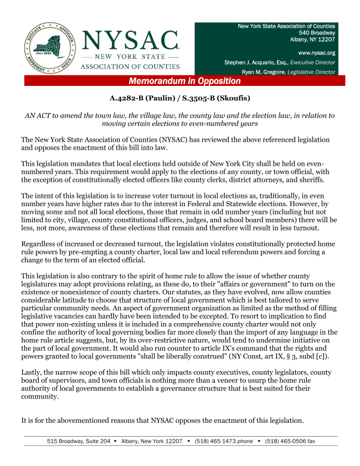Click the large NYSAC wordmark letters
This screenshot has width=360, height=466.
click(131, 39)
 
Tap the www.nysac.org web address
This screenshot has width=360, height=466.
click(316, 53)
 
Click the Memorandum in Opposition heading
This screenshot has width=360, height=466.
click(184, 81)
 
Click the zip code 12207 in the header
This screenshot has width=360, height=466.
click(324, 39)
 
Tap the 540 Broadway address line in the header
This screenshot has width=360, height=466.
click(316, 33)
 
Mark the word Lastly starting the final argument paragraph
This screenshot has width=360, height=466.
click(33, 372)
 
